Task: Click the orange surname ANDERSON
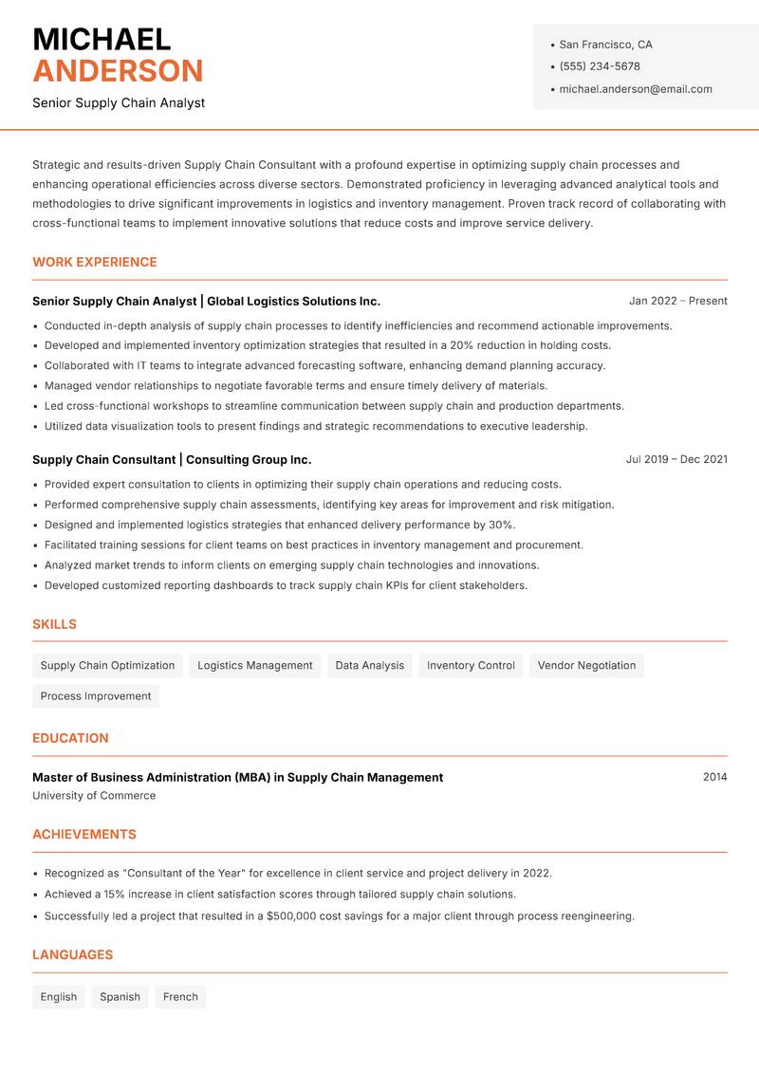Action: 118,71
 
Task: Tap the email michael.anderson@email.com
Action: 635,89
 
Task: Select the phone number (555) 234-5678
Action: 599,66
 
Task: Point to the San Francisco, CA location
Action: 605,45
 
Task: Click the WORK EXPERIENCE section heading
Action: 95,262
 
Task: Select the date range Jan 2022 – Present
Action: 677,301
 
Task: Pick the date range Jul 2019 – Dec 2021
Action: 676,459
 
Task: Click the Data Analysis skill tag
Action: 369,666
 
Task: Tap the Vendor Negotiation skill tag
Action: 586,666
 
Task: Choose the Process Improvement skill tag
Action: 96,696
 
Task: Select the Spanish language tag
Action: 120,997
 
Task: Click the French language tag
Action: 180,997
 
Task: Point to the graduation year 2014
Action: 714,777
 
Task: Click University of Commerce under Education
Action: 94,796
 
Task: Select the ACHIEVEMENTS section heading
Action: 84,835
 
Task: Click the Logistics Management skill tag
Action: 254,666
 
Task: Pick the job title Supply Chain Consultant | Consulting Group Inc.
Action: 172,459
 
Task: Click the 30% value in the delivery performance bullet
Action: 501,525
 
